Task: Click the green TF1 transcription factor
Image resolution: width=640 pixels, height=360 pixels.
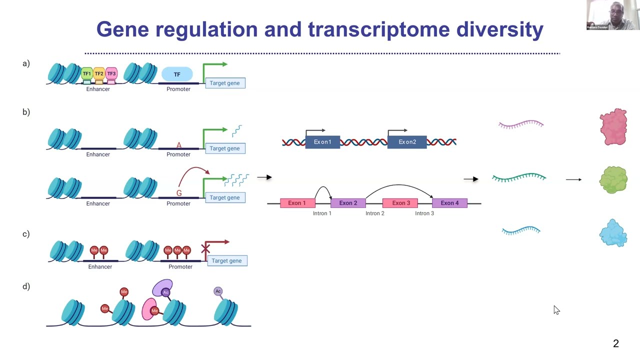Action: coord(87,74)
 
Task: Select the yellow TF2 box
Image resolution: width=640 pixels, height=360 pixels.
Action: coord(99,74)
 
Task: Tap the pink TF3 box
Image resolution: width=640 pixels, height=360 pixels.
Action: coord(111,74)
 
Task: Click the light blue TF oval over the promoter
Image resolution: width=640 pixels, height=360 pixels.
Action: coord(177,74)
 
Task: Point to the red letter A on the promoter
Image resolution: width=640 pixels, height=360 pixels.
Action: coord(179,145)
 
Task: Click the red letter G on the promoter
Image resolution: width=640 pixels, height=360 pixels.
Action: coord(179,193)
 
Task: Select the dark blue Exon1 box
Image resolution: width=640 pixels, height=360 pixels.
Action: coord(322,142)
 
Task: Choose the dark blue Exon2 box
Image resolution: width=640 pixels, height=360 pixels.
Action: coord(407,142)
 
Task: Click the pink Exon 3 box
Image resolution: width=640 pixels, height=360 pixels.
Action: coord(400,203)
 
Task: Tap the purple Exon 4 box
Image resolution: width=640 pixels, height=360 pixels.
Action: coord(449,203)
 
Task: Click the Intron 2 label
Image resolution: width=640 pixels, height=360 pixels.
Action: coord(375,213)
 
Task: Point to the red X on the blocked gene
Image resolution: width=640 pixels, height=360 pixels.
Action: coord(205,248)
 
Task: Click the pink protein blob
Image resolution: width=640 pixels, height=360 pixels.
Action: coord(613,126)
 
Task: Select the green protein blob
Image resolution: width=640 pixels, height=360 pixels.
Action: coord(613,179)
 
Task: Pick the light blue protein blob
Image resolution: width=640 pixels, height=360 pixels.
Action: coord(613,233)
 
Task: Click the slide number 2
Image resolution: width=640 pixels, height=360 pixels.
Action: coord(616,343)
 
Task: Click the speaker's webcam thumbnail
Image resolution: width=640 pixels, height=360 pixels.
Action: coord(612,15)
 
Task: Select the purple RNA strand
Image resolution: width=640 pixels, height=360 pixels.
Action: coord(521,124)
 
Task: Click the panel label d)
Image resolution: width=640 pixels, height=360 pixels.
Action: coord(26,286)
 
